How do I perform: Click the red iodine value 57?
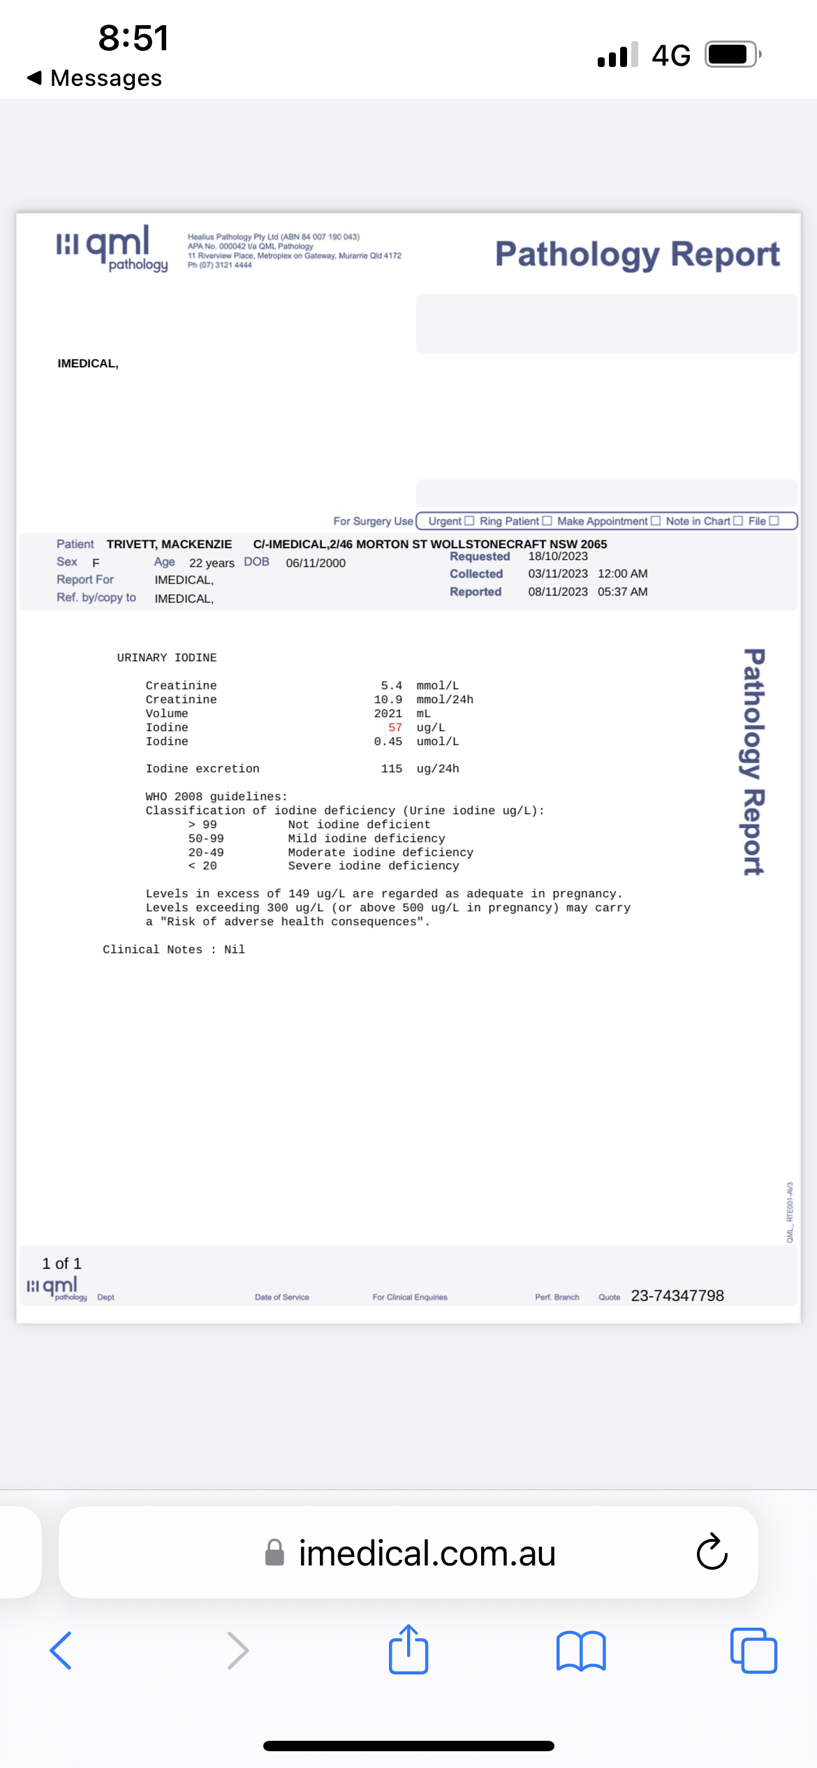[395, 728]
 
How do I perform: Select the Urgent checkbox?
[469, 521]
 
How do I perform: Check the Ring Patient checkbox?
[547, 521]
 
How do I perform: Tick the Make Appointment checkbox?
[655, 521]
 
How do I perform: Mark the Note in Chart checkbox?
[738, 521]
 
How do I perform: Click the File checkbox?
[774, 521]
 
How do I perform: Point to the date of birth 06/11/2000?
[316, 563]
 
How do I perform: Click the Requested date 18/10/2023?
[558, 557]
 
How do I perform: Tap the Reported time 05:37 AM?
[622, 591]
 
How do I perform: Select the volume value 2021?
[388, 714]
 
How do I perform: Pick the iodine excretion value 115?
[392, 769]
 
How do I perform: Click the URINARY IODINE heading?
[167, 658]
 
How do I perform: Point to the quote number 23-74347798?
[677, 1296]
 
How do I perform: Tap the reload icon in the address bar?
[712, 1552]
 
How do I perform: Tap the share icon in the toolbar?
[408, 1650]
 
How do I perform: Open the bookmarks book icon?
[581, 1651]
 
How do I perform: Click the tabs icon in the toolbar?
[753, 1651]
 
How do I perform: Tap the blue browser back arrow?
[61, 1651]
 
